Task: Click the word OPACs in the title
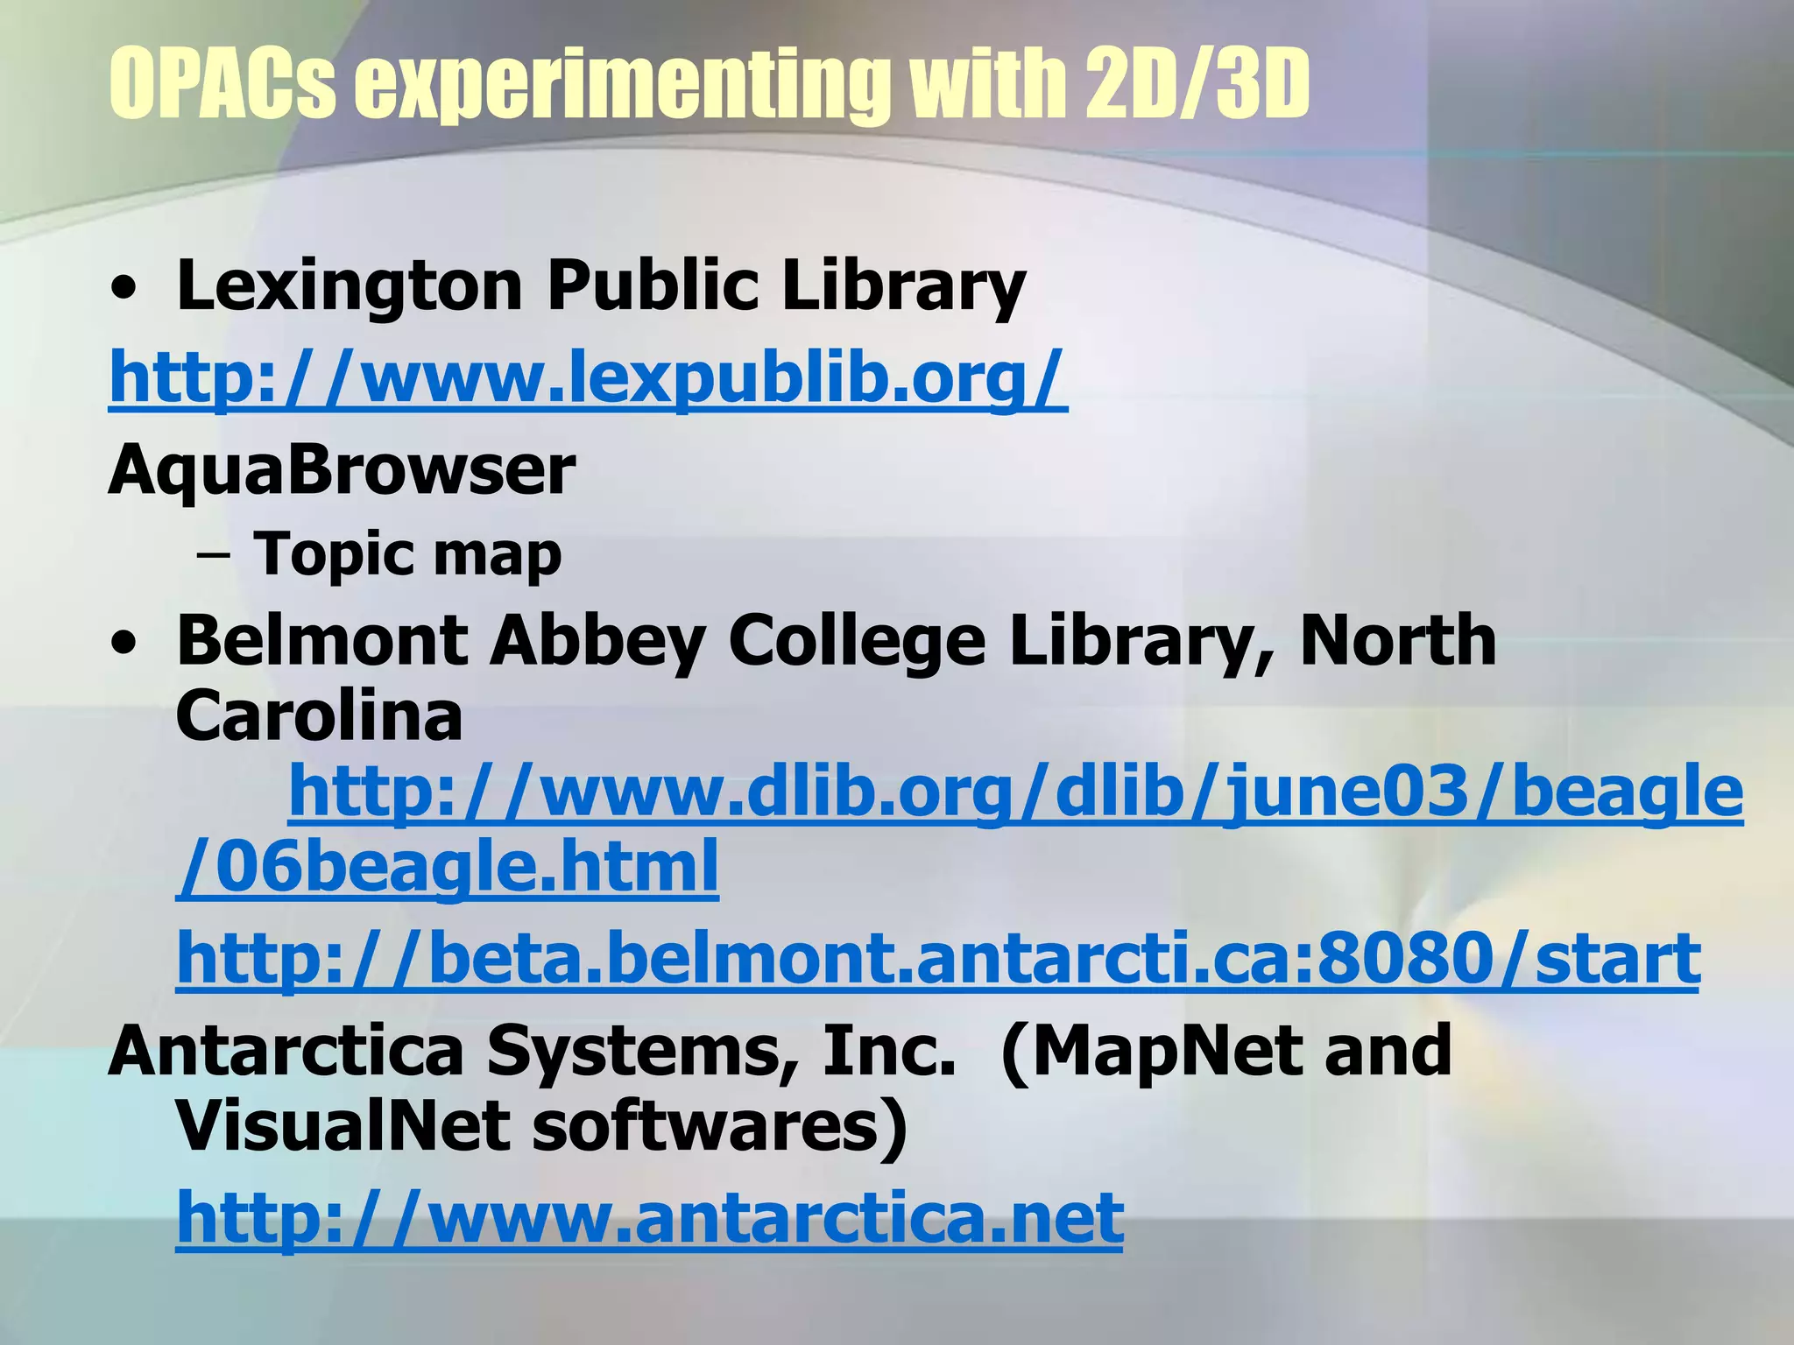222,85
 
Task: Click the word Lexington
350,286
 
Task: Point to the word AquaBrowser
342,470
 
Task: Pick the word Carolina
319,716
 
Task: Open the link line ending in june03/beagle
1015,792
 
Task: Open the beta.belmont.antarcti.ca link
938,960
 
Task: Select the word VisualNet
343,1126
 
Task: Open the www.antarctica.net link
649,1218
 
